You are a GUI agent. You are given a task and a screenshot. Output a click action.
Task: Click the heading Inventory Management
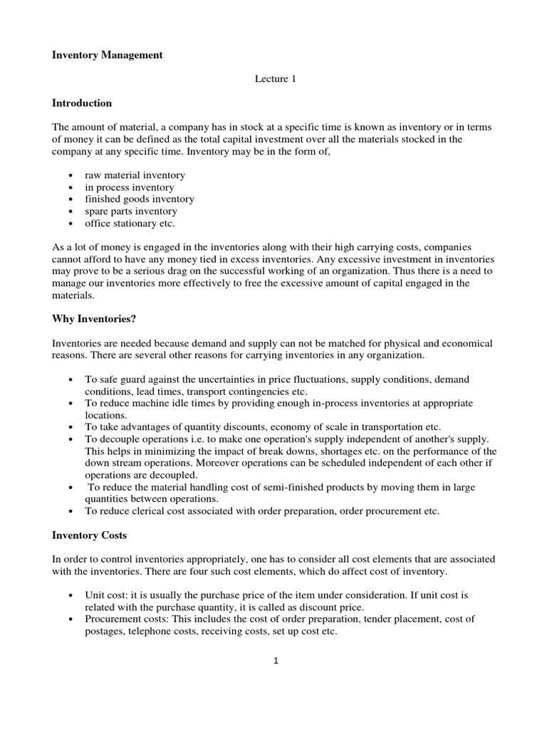[108, 55]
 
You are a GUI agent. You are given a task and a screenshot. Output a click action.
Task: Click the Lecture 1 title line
[275, 79]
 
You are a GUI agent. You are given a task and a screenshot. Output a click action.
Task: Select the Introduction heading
[82, 103]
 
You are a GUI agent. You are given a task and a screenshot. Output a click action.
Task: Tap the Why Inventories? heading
[94, 319]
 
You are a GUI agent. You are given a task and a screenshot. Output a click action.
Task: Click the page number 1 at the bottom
[275, 660]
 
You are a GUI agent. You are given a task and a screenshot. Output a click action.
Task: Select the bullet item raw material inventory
[135, 175]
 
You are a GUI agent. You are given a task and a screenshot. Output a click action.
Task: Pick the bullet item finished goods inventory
[139, 199]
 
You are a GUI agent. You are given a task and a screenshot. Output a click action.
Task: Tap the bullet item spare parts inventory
[131, 211]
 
